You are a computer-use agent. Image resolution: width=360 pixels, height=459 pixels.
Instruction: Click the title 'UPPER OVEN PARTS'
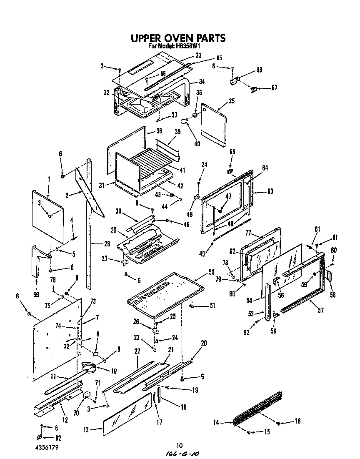click(178, 38)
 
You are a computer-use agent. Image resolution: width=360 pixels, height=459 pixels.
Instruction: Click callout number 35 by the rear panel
click(232, 100)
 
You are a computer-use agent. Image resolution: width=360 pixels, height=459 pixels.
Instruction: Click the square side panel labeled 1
click(48, 217)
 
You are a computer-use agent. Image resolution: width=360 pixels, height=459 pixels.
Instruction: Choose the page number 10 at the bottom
click(180, 445)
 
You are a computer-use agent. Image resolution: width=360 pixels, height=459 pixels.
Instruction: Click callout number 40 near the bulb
click(197, 144)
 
